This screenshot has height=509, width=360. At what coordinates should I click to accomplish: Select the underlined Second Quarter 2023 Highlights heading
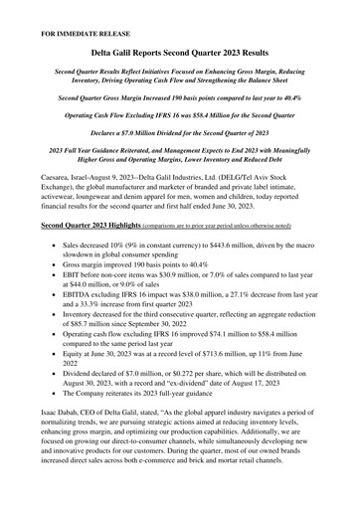click(x=90, y=227)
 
